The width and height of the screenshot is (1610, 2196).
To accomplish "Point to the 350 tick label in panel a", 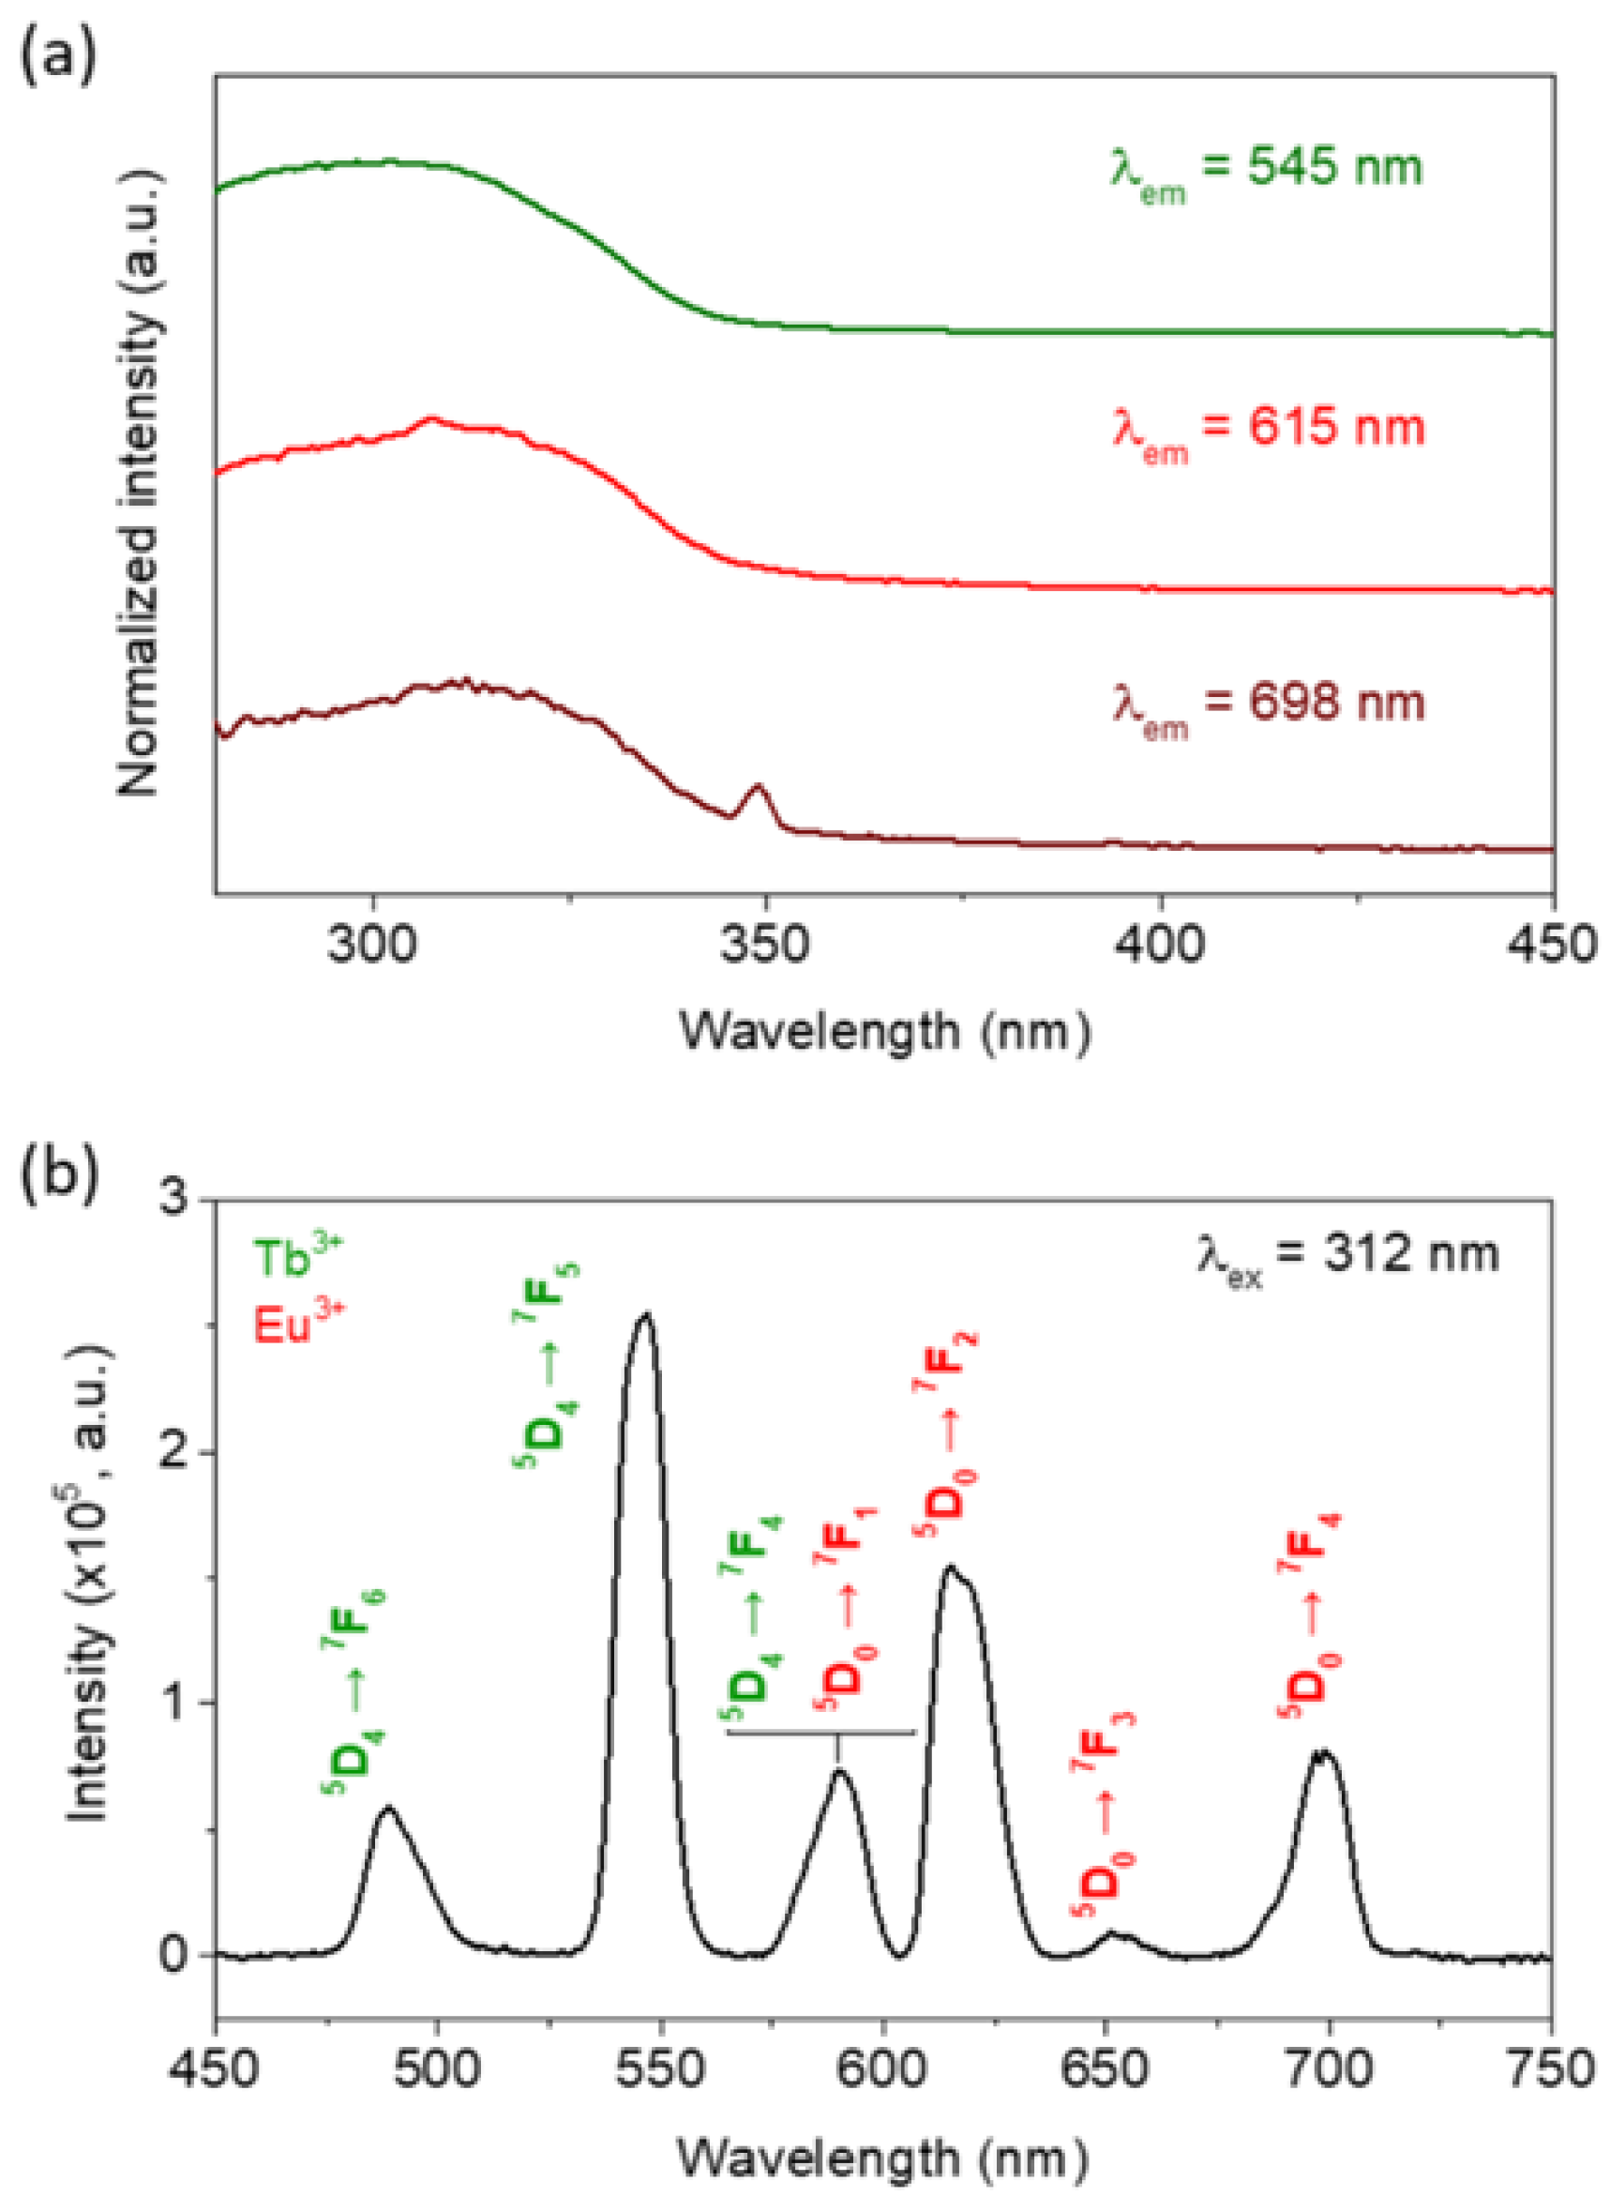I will tap(765, 944).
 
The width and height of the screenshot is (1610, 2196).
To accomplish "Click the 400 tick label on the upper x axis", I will tap(1160, 944).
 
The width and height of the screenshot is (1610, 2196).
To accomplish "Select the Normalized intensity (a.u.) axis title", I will tap(138, 482).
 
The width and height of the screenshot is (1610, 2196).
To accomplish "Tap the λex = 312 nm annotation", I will tap(1347, 1254).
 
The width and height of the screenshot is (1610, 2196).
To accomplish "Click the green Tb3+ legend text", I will tap(297, 1257).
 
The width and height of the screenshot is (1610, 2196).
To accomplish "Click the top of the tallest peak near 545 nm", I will tap(645, 1317).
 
